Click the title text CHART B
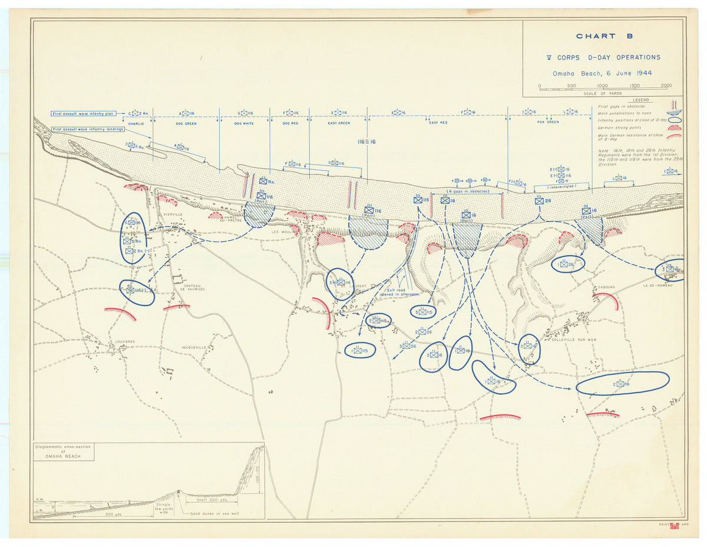pyautogui.click(x=604, y=36)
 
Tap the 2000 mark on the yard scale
pyautogui.click(x=666, y=86)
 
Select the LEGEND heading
pyautogui.click(x=639, y=100)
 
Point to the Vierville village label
pyautogui.click(x=173, y=215)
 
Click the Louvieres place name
pyautogui.click(x=122, y=341)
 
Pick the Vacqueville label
pyautogui.click(x=194, y=347)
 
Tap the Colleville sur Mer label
pyautogui.click(x=574, y=340)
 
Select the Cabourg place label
pyautogui.click(x=606, y=288)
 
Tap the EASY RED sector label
pyautogui.click(x=438, y=123)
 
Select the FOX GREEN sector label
pyautogui.click(x=548, y=123)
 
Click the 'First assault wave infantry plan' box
pyautogui.click(x=82, y=113)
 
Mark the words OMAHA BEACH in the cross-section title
pyautogui.click(x=64, y=456)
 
